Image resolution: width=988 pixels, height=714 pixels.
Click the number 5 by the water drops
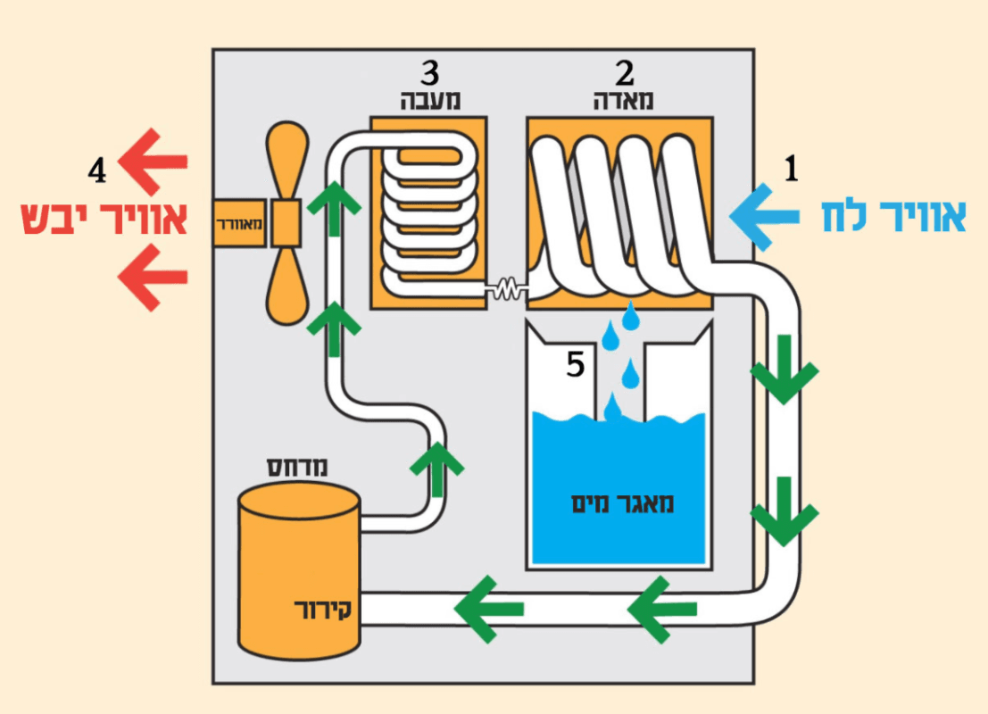point(576,365)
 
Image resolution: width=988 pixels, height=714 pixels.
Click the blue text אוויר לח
point(893,218)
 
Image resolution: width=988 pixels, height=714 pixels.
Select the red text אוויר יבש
point(104,220)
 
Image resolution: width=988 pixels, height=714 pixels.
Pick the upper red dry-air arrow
point(154,162)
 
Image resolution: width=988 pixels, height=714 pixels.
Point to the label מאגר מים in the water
point(622,502)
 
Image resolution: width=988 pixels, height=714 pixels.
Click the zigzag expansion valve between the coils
point(506,288)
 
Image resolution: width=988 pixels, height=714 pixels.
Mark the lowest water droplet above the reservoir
point(613,408)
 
